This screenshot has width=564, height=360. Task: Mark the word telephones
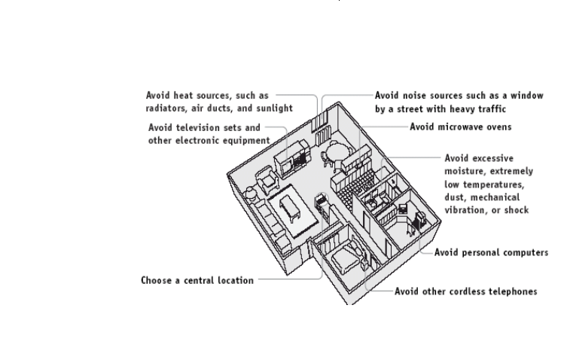click(514, 291)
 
